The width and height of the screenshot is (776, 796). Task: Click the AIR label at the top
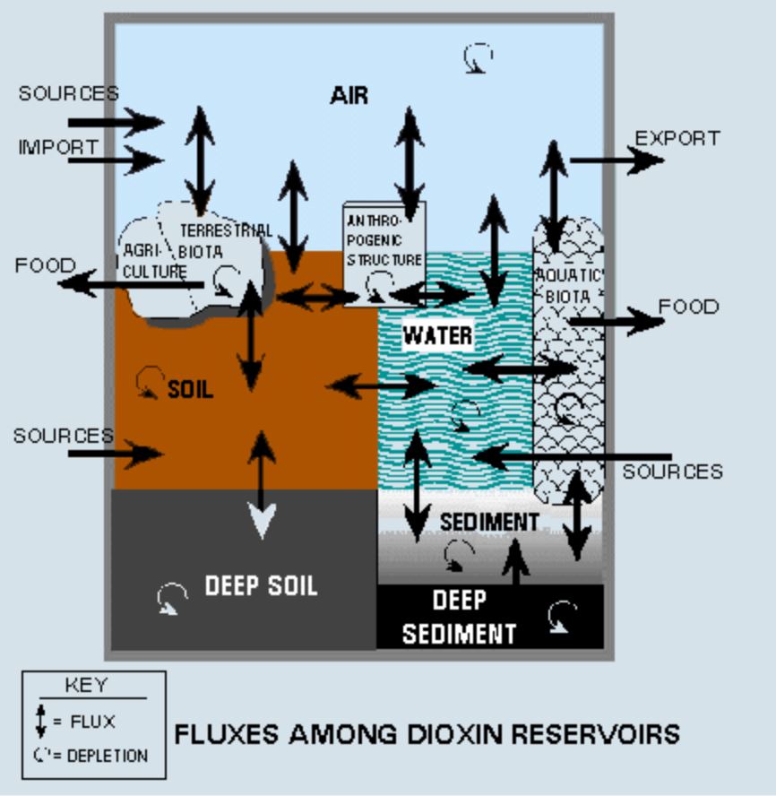(349, 95)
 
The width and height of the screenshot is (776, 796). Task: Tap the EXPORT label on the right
(677, 138)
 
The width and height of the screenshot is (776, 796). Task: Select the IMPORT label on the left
(57, 148)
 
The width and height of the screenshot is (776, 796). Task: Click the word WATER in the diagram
(437, 336)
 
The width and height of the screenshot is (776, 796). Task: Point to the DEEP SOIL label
(261, 586)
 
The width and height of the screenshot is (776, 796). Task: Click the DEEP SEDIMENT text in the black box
(459, 617)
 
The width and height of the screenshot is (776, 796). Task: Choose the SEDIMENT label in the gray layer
(488, 522)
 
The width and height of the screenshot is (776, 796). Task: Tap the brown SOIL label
(191, 390)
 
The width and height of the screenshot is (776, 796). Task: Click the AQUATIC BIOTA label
(568, 286)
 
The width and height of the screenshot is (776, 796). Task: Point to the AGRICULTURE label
(152, 261)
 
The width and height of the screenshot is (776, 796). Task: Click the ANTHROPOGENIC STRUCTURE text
(383, 239)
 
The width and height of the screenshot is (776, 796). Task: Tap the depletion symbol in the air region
(478, 59)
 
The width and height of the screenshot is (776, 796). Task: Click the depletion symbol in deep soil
(171, 598)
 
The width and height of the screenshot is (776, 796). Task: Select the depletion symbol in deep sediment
(563, 617)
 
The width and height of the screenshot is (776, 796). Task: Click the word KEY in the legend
(86, 686)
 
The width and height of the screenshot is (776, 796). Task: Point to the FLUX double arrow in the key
(40, 721)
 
